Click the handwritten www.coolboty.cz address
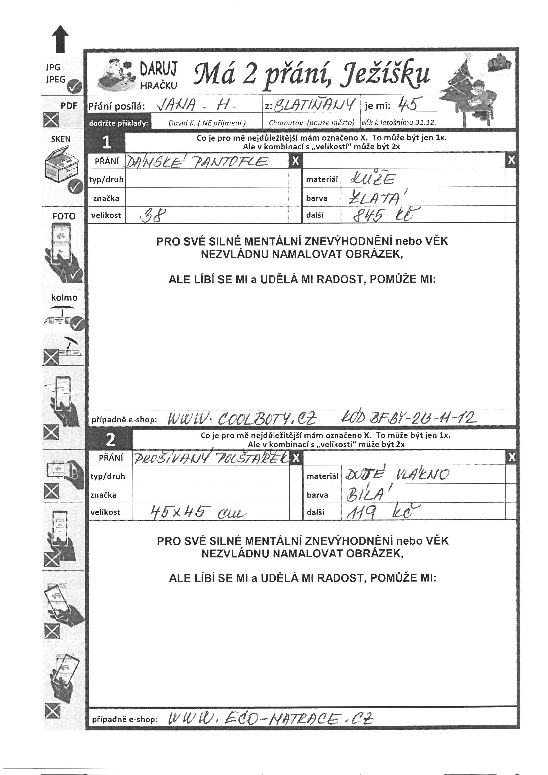coord(242,419)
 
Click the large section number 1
coord(107,143)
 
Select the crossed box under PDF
coord(51,120)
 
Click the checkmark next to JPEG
coord(74,88)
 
